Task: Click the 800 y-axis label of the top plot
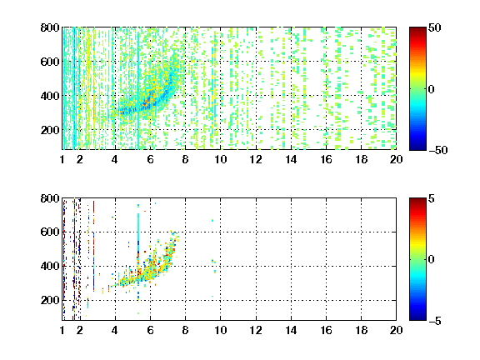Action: tap(50, 27)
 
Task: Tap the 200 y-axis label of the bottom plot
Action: tap(50, 300)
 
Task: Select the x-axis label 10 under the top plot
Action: tap(220, 159)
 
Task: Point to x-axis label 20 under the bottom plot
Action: tap(396, 330)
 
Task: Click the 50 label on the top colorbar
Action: tap(435, 27)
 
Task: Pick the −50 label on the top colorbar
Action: tap(438, 150)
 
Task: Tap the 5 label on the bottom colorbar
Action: tap(432, 198)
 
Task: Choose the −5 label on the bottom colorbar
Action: tap(435, 321)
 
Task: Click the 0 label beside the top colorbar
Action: tap(432, 89)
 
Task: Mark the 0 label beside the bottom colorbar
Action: tap(432, 260)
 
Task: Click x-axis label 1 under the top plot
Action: tap(62, 159)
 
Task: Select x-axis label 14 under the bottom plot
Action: tap(291, 330)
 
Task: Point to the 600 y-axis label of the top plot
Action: tap(50, 62)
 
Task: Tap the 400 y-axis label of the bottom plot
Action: tap(50, 266)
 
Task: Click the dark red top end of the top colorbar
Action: tap(417, 29)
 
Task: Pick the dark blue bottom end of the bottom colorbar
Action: tap(417, 318)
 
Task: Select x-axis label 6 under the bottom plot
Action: tap(150, 330)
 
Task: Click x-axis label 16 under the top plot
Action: tap(327, 159)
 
